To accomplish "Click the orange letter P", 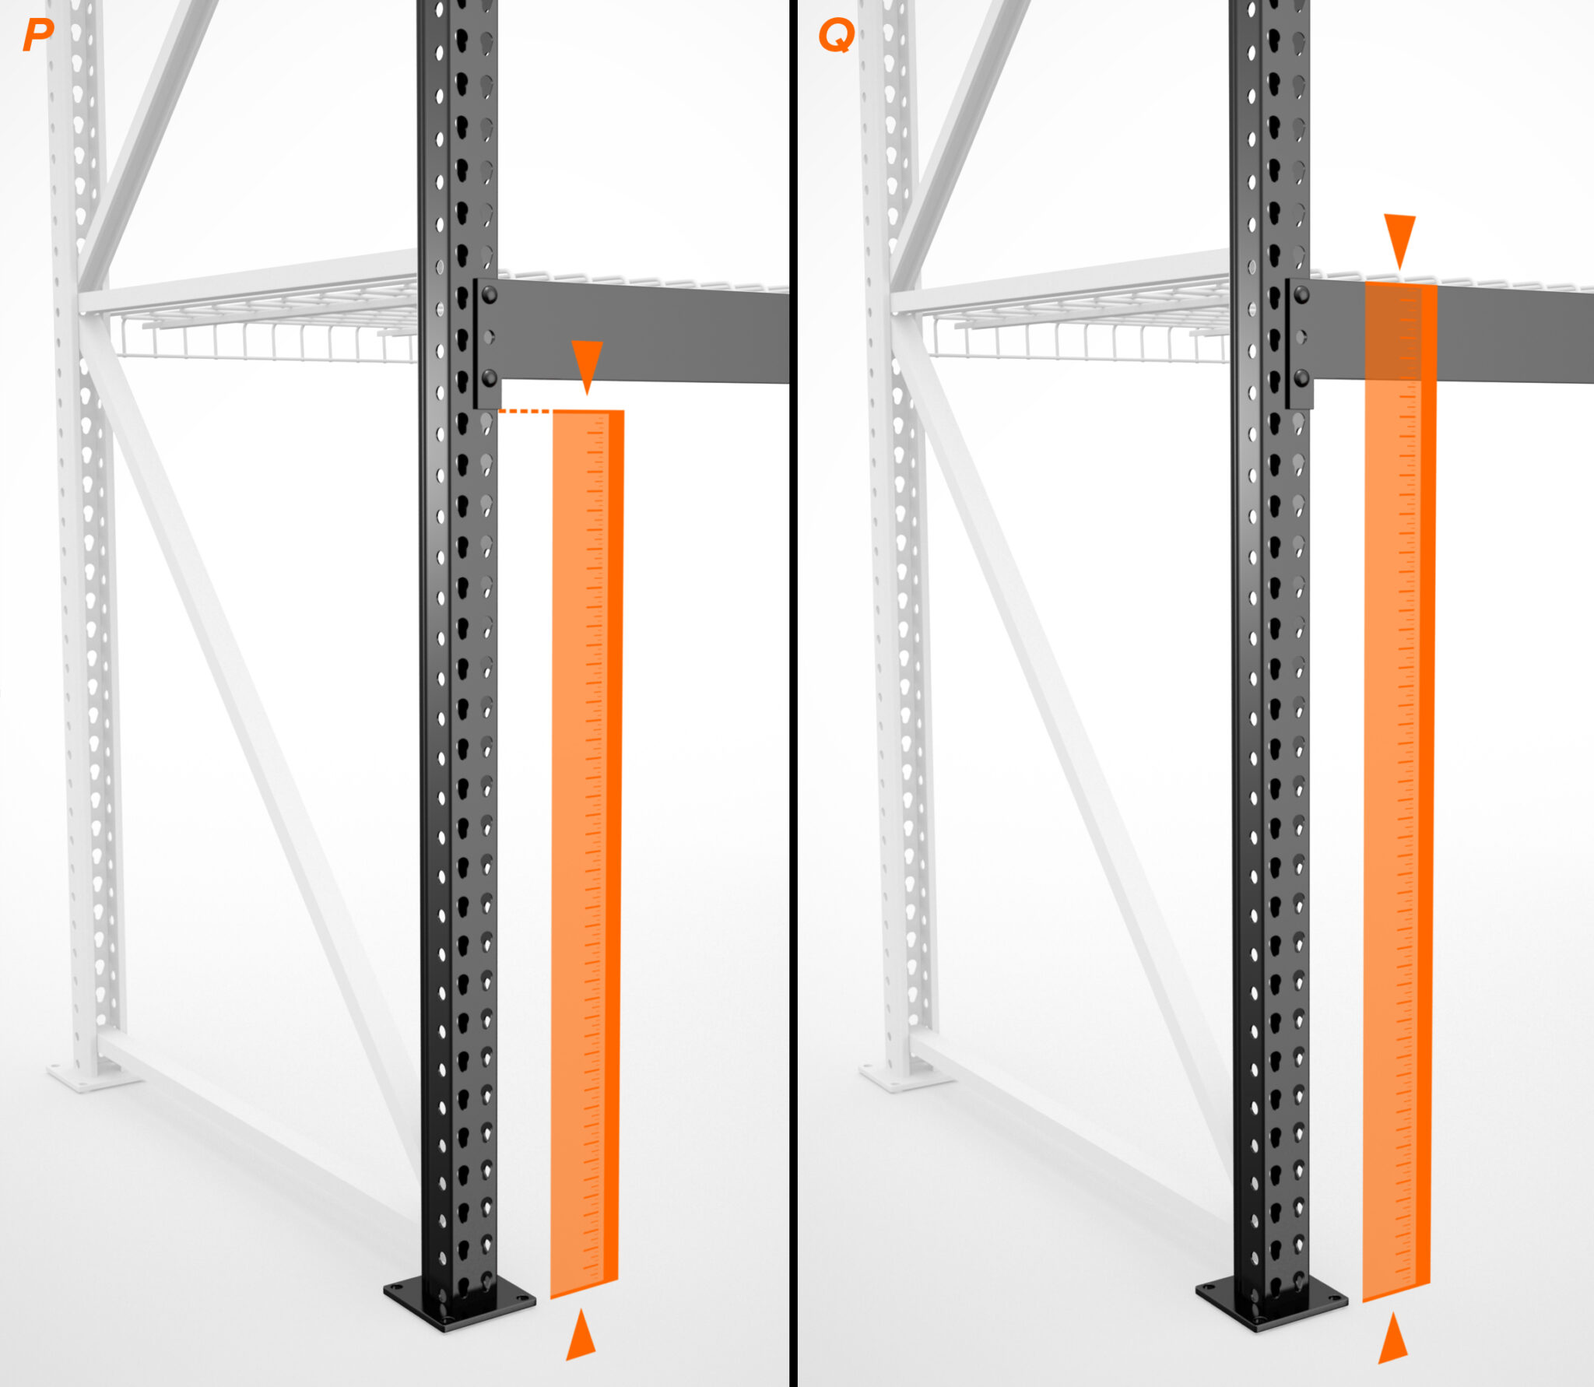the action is tap(38, 35).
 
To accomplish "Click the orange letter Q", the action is tap(836, 36).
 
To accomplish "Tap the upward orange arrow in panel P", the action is tap(581, 1335).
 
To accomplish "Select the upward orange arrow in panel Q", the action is tap(1393, 1338).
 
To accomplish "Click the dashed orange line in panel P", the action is tap(525, 410).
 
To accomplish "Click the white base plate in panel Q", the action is tap(905, 1075).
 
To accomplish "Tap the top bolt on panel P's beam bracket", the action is tap(490, 294).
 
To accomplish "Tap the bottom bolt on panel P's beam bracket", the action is tap(490, 378).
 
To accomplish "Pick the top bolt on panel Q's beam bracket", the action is tap(1301, 294).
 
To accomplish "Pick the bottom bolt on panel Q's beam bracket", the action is tap(1301, 378).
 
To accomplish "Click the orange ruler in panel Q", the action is tap(1399, 790).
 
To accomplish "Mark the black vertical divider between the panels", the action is tap(793, 693).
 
